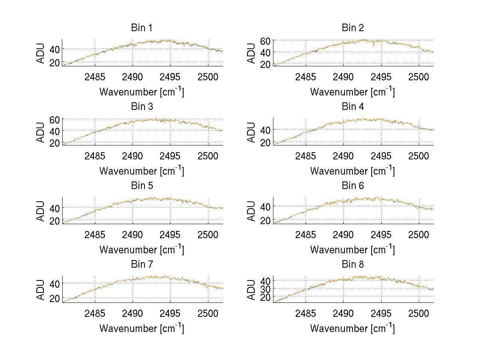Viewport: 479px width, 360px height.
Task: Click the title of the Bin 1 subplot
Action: tap(142, 28)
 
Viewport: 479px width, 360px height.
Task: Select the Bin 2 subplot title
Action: tap(352, 28)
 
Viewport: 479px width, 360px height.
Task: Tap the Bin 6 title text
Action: tap(352, 186)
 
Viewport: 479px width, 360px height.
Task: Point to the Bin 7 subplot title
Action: tap(142, 265)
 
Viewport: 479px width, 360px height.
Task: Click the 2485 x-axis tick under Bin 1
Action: tap(95, 77)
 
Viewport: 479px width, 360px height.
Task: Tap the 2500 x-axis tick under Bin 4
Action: tap(418, 156)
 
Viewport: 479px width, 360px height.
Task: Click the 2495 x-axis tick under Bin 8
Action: tap(381, 313)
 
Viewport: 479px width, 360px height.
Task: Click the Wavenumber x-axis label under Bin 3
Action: tap(142, 171)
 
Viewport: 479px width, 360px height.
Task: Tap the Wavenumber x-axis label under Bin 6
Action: tap(352, 250)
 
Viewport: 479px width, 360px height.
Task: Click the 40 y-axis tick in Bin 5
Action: tap(55, 208)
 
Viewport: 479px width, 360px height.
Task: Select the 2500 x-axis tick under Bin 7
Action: tap(208, 313)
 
